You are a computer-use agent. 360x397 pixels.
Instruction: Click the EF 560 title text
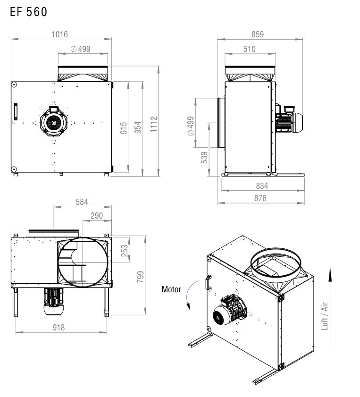point(29,12)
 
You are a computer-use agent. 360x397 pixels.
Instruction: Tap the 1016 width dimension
point(60,34)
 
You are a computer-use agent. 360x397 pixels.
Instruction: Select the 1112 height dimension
point(154,124)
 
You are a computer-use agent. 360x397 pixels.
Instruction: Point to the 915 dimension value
point(124,128)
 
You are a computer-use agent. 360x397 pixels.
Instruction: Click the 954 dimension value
point(138,127)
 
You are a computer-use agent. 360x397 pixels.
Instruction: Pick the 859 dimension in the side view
point(258,34)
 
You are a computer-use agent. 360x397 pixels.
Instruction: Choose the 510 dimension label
point(250,49)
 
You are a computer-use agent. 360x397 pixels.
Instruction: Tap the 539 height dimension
point(204,158)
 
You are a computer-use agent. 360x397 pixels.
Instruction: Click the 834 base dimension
point(262,186)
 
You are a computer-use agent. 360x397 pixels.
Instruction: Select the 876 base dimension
point(260,198)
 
